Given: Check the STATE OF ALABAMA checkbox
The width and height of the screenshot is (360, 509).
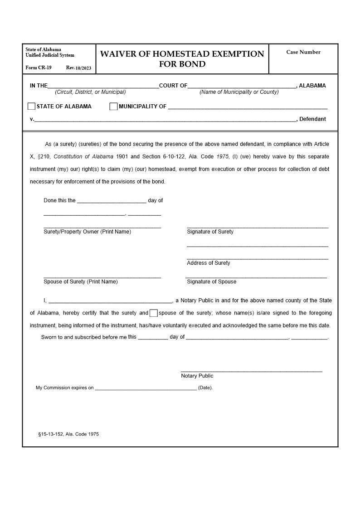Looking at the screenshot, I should pos(31,107).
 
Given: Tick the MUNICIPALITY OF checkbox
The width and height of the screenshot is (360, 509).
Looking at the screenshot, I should pos(113,107).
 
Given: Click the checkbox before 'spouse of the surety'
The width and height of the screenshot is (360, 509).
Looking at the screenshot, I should pos(154,313).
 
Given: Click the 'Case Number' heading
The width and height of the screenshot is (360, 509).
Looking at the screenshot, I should pos(303,52).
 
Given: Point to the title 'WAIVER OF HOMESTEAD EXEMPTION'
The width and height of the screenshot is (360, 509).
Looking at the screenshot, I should pos(182,54).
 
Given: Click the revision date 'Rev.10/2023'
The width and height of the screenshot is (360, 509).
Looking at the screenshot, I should pos(78,68).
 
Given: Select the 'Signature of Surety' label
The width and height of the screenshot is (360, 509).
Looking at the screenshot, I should pos(210,232).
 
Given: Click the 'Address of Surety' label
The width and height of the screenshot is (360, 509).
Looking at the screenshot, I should pos(208,263).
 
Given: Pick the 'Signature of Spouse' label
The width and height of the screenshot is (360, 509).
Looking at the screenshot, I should pos(211,281).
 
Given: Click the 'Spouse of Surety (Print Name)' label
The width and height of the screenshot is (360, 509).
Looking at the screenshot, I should pos(80,281).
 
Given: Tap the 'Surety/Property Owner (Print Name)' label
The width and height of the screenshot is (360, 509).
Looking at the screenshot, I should pos(87,232).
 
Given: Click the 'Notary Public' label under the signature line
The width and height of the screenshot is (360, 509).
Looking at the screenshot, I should pos(197,376).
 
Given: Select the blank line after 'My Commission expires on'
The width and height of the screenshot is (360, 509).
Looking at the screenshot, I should pos(146,388).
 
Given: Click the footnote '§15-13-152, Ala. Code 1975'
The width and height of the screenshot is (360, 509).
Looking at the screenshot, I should pos(68,434).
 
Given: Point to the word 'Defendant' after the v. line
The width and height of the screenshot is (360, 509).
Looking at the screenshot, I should pos(312,119).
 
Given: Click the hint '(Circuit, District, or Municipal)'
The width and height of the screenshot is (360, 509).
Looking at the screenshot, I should pos(90,92).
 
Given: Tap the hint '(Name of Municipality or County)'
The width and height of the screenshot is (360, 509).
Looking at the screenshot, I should pos(239,92).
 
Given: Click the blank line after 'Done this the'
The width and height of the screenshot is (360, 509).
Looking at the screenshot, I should pos(112,201).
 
